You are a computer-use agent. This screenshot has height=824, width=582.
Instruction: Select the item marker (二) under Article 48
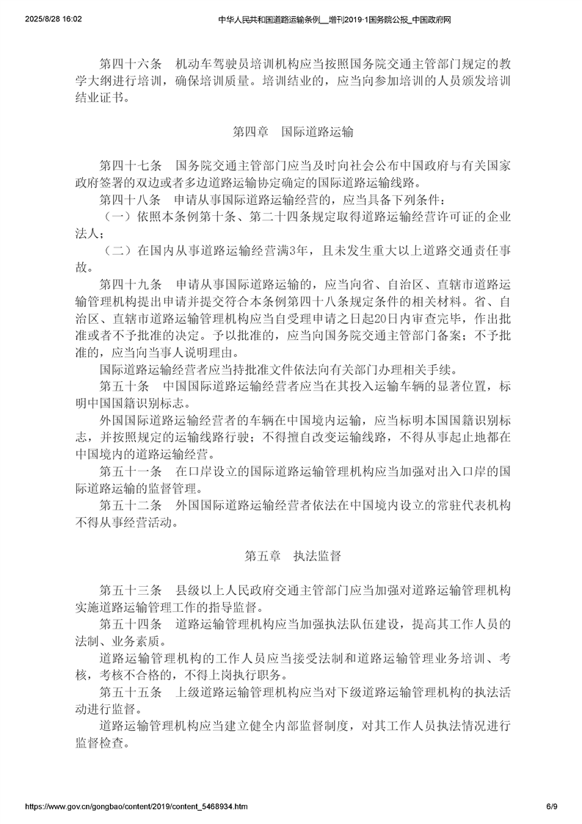[x=117, y=250]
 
